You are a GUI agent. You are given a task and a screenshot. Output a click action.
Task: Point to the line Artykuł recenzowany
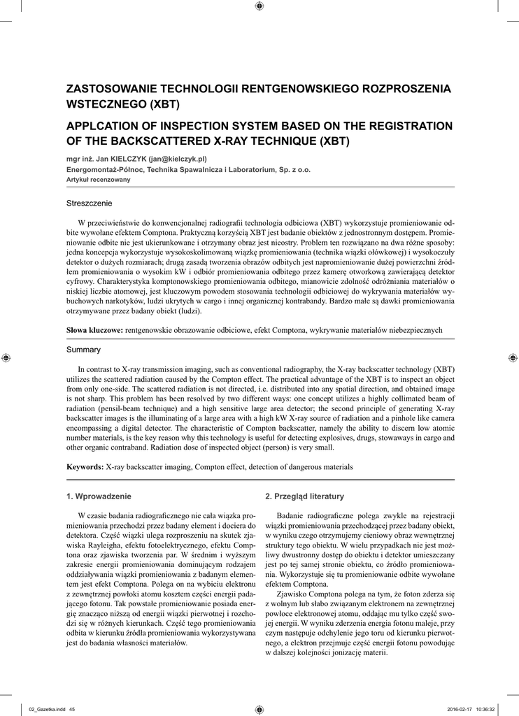click(92, 178)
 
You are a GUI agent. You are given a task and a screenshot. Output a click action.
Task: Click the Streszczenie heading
click(89, 203)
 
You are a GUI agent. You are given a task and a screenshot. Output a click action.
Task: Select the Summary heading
click(83, 350)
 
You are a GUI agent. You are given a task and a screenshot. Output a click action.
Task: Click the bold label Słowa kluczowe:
click(94, 329)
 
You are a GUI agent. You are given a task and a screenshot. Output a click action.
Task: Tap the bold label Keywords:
click(85, 466)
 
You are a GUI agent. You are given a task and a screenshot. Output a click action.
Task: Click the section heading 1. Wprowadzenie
click(99, 496)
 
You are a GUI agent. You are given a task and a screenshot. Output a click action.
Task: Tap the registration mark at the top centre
click(259, 6)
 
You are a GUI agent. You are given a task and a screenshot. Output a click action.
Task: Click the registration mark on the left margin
click(6, 358)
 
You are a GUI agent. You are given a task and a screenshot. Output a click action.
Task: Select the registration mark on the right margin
click(513, 358)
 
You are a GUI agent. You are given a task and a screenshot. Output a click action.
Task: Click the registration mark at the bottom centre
click(259, 709)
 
